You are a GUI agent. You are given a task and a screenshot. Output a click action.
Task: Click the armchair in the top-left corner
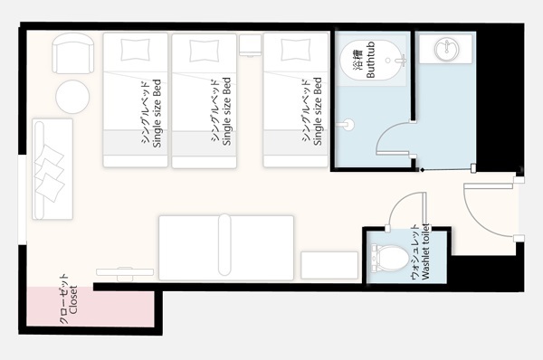pos(72,53)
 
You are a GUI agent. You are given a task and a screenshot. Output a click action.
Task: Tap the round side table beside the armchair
pos(72,97)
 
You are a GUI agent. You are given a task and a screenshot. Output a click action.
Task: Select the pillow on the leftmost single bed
pos(136,50)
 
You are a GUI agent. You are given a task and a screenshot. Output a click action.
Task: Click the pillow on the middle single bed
pos(205,51)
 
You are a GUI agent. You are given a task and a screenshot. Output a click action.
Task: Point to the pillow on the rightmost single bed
pos(296,50)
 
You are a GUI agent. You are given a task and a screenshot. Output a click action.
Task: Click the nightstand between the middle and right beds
pos(250,45)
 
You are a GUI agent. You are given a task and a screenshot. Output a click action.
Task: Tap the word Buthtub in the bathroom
pos(370,60)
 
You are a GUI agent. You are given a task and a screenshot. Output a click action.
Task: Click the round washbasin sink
pos(447,49)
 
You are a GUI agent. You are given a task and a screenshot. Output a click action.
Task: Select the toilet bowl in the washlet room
pos(390,258)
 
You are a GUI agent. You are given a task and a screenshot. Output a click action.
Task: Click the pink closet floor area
pos(90,307)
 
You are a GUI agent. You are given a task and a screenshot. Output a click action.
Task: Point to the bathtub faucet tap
pos(402,61)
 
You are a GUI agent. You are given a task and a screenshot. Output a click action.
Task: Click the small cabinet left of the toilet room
pos(329,265)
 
